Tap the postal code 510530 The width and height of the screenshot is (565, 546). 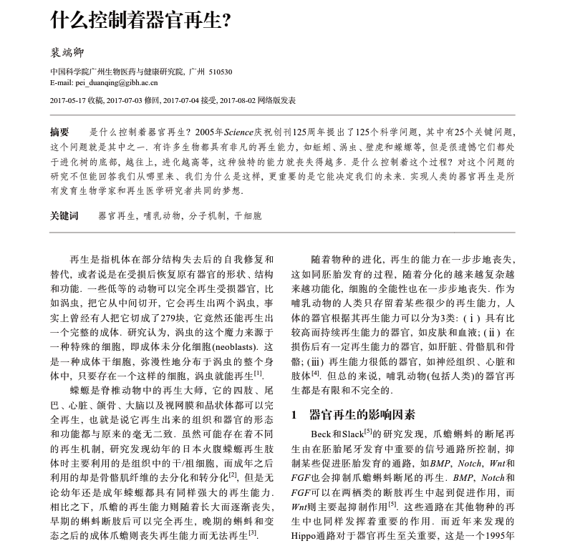[x=220, y=72]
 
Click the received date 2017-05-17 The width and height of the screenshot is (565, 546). [x=70, y=100]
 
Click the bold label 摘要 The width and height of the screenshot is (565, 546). [x=59, y=132]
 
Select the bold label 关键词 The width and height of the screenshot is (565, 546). [x=64, y=215]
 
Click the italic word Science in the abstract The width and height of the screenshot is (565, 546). [x=238, y=132]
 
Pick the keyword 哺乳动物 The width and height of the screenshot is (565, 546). [x=162, y=215]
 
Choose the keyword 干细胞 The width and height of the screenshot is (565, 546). [x=248, y=215]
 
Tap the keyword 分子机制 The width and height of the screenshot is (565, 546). [x=207, y=215]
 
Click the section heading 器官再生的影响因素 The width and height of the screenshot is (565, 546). [x=362, y=415]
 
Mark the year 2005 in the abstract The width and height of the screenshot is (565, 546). [x=209, y=132]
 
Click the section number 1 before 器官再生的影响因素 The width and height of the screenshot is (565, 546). [x=294, y=415]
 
